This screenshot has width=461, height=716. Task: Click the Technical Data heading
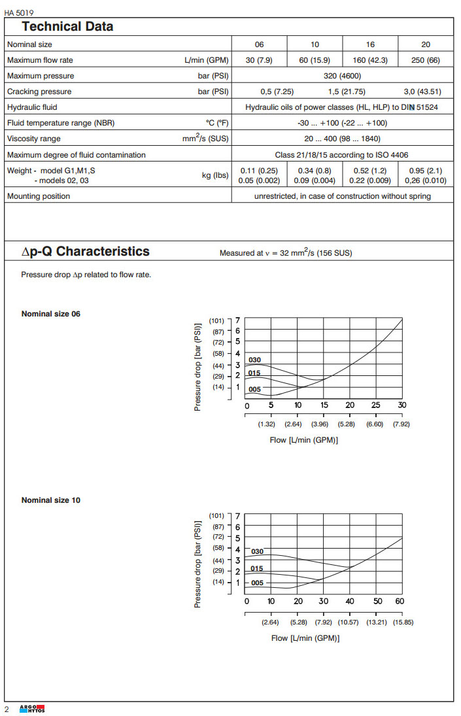pyautogui.click(x=67, y=27)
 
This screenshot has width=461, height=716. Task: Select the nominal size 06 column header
pyautogui.click(x=260, y=44)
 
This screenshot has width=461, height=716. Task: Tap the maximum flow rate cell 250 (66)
pyautogui.click(x=426, y=60)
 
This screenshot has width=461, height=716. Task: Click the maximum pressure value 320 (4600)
pyautogui.click(x=343, y=76)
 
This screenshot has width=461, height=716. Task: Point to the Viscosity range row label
pyautogui.click(x=33, y=139)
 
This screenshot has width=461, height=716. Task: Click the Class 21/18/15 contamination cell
pyautogui.click(x=343, y=155)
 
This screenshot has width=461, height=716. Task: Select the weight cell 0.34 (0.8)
pyautogui.click(x=315, y=171)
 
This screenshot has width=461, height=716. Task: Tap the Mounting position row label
pyautogui.click(x=38, y=196)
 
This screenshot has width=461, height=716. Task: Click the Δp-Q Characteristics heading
pyautogui.click(x=86, y=252)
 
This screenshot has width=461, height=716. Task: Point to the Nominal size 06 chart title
pyautogui.click(x=51, y=314)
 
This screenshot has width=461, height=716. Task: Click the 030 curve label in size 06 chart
pyautogui.click(x=254, y=360)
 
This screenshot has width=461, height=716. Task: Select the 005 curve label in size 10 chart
pyautogui.click(x=257, y=583)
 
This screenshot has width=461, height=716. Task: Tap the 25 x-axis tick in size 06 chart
pyautogui.click(x=375, y=405)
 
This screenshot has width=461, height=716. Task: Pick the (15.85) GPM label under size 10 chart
pyautogui.click(x=403, y=622)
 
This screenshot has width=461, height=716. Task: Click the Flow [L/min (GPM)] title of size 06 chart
pyautogui.click(x=303, y=440)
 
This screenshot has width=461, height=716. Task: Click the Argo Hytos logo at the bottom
pyautogui.click(x=32, y=709)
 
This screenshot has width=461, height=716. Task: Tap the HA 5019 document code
pyautogui.click(x=19, y=12)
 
